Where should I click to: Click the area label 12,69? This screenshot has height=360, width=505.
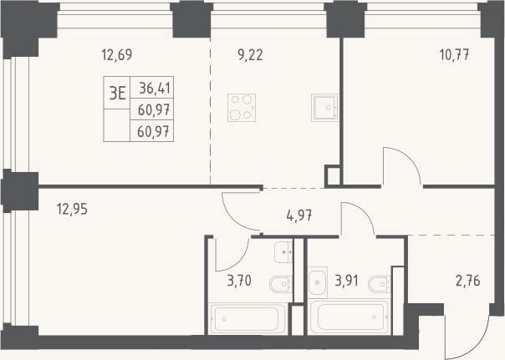tap(117, 54)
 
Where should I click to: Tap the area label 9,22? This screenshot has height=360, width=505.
tap(250, 55)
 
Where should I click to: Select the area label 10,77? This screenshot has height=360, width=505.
tap(454, 55)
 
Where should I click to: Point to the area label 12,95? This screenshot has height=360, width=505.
tap(72, 209)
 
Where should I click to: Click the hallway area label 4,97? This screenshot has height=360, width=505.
tap(299, 215)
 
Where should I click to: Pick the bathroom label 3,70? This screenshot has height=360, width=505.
tap(239, 281)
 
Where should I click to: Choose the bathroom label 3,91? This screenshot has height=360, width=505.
tap(346, 281)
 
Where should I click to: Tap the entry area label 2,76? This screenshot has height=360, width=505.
tap(467, 281)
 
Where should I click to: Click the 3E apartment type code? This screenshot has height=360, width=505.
tap(117, 94)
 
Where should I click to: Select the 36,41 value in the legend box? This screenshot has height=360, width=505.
tap(155, 88)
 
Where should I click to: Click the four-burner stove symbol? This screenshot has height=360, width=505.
tap(242, 108)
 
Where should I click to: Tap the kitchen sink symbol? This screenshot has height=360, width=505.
tap(324, 108)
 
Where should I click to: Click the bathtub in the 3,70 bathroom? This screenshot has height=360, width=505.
tap(247, 319)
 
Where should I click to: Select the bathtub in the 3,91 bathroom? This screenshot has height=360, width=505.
tap(349, 317)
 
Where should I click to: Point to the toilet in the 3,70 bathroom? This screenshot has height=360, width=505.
tap(281, 284)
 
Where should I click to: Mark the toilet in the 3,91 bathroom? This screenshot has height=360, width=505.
tap(380, 284)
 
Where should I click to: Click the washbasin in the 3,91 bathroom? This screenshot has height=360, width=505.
tap(318, 282)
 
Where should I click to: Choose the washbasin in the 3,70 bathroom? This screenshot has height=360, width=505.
tap(283, 252)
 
